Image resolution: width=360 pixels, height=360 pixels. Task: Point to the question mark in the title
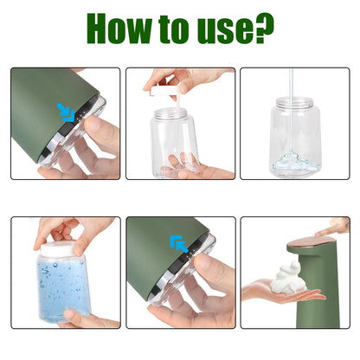(x=265, y=29)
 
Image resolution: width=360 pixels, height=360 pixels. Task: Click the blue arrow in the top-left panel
(x=65, y=110)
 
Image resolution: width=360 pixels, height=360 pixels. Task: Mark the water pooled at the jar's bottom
(x=293, y=163)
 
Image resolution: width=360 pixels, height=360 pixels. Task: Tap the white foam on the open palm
(x=285, y=279)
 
